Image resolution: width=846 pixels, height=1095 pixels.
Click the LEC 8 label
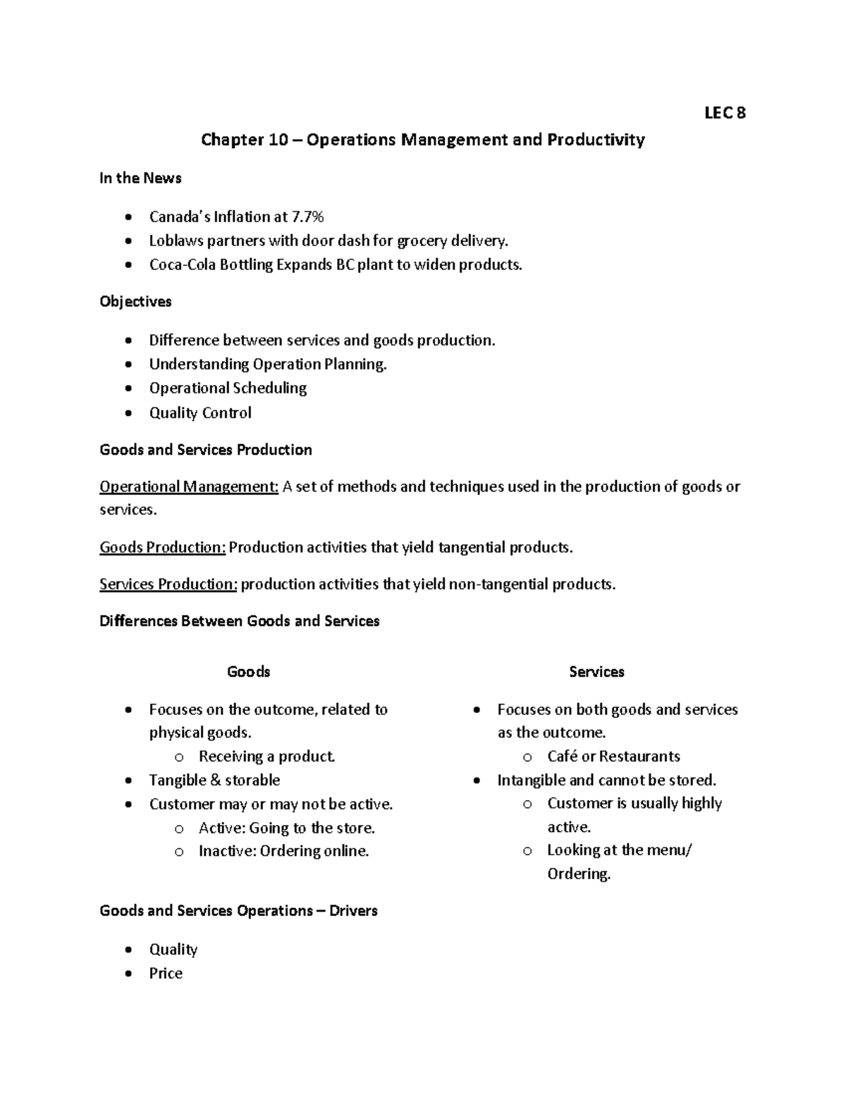(725, 113)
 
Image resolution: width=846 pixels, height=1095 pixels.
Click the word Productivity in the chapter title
(596, 140)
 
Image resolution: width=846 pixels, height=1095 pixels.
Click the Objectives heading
(135, 302)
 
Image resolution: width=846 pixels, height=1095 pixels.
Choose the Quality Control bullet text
(200, 412)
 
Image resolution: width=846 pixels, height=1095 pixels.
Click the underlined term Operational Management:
(189, 487)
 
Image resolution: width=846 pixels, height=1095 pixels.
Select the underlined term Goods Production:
(162, 547)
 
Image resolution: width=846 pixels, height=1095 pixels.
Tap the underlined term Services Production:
(168, 584)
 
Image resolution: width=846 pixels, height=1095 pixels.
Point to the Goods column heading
(248, 672)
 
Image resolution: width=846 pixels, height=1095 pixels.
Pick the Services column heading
(596, 672)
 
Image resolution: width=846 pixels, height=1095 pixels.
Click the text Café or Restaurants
(613, 757)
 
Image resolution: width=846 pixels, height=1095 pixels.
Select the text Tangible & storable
(214, 780)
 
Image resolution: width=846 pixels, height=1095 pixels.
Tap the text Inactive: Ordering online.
(283, 851)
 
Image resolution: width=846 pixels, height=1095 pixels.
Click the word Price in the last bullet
(166, 973)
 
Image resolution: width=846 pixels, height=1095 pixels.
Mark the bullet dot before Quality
(127, 950)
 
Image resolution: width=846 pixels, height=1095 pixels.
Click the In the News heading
(140, 178)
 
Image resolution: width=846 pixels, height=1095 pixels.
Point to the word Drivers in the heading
(353, 911)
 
